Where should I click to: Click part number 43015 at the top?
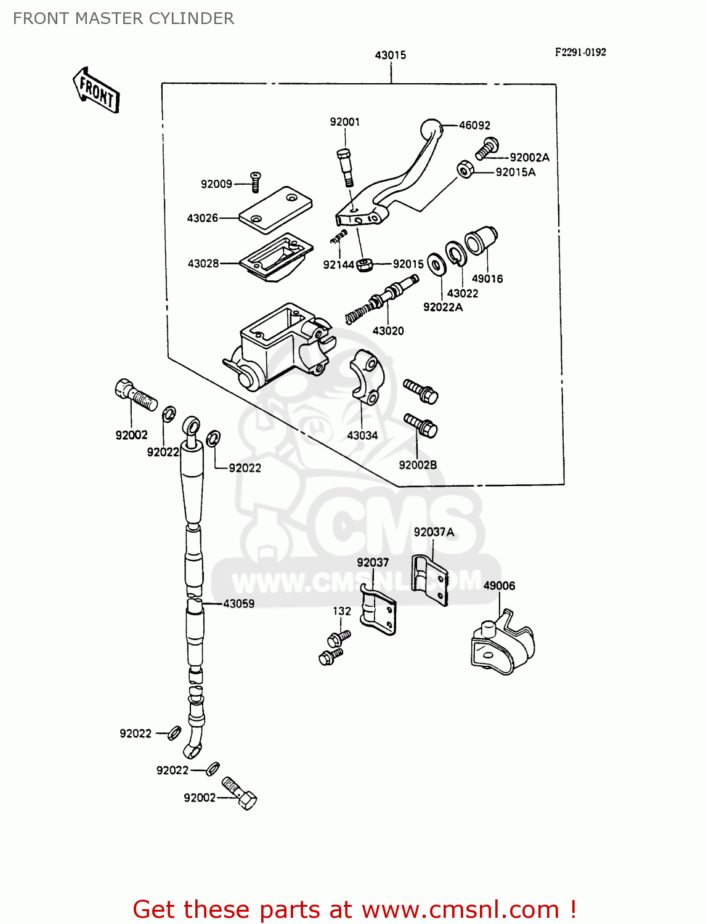coord(390,55)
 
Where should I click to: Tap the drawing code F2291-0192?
coord(580,52)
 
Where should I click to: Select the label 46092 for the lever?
coord(474,125)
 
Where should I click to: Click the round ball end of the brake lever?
coord(431,129)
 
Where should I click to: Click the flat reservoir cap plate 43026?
coord(275,209)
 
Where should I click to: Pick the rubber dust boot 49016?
coord(481,240)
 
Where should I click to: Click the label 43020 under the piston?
coord(388,331)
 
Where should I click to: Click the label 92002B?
coord(418,465)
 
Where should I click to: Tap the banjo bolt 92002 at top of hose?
coord(135,394)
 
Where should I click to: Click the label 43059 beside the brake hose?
coord(238,604)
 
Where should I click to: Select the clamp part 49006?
coord(501,647)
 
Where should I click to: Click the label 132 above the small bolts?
coord(341,611)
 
